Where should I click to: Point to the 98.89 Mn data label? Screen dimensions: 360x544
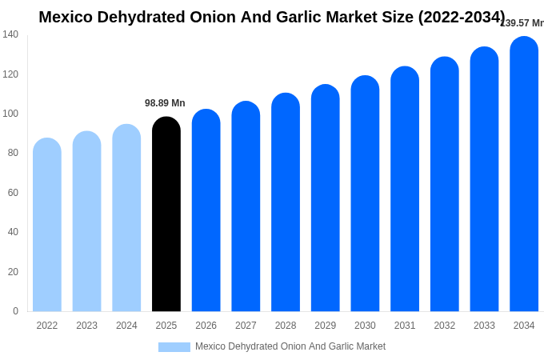(165, 103)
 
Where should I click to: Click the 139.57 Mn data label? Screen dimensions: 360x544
(522, 23)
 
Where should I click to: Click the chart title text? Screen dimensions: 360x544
(272, 17)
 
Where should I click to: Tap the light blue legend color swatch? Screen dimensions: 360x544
(174, 347)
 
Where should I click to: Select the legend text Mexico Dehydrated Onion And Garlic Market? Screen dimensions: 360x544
(290, 346)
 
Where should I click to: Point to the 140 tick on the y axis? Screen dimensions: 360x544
(10, 34)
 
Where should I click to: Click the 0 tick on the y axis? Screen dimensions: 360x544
(15, 311)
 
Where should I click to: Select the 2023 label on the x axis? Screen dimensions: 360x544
(86, 326)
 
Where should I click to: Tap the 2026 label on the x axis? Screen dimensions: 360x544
(206, 326)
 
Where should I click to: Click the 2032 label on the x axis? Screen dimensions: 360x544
(444, 326)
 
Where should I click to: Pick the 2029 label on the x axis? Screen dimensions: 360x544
(325, 326)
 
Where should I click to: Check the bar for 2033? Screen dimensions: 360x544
(484, 179)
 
